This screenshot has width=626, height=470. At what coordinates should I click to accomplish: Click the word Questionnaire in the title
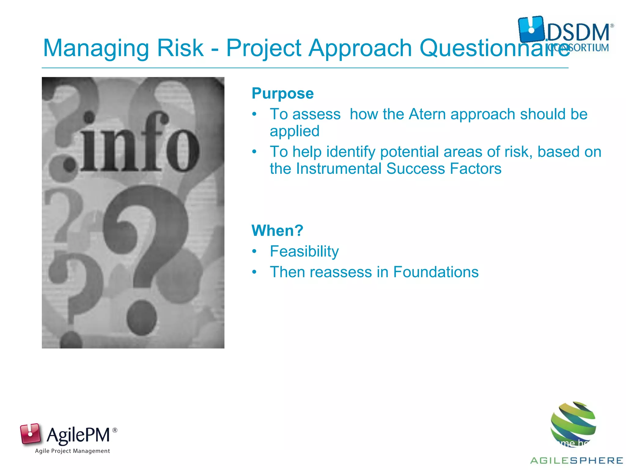pyautogui.click(x=495, y=48)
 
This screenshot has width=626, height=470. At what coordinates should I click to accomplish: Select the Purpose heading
pyautogui.click(x=282, y=93)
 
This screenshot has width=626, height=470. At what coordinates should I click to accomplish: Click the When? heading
pyautogui.click(x=277, y=230)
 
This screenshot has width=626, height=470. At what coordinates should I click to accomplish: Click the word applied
pyautogui.click(x=294, y=131)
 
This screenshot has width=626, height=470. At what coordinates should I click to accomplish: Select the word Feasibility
pyautogui.click(x=304, y=252)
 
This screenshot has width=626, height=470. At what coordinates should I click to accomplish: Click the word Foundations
pyautogui.click(x=436, y=272)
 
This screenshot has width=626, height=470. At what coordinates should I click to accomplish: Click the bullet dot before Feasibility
pyautogui.click(x=254, y=252)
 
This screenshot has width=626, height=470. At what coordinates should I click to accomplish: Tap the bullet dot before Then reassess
pyautogui.click(x=254, y=272)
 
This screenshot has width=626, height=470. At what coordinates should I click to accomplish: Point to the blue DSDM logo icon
pyautogui.click(x=531, y=29)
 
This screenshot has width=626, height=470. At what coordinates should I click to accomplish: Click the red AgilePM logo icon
pyautogui.click(x=30, y=433)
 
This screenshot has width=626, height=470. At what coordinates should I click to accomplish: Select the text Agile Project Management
pyautogui.click(x=72, y=451)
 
